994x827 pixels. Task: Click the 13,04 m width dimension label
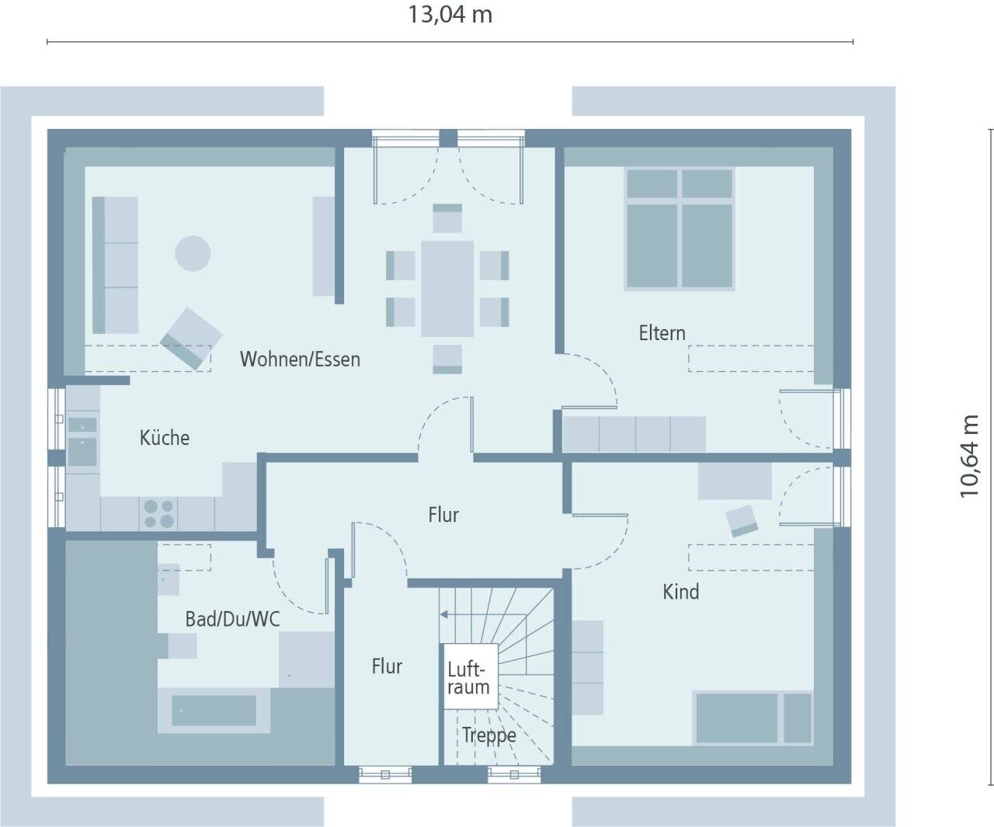[x=450, y=15]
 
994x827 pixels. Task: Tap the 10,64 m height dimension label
[x=970, y=456]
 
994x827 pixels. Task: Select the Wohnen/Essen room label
[x=300, y=359]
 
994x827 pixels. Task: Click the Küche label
[x=165, y=437]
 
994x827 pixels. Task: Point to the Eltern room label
[x=662, y=333]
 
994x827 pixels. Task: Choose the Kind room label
[x=680, y=592]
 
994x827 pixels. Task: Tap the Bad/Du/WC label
[x=232, y=619]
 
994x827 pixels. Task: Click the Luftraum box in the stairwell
[x=468, y=677]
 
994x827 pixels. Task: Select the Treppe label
[x=488, y=735]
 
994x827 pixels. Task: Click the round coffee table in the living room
[x=193, y=253]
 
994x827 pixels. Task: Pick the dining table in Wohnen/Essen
[x=447, y=288]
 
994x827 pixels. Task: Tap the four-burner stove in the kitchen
[x=158, y=514]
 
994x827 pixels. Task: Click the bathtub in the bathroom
[x=214, y=710]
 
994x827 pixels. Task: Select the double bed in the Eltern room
[x=679, y=229]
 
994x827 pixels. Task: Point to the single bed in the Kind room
[x=752, y=718]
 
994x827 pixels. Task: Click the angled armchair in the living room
[x=191, y=338]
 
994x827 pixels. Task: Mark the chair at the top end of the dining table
[x=447, y=218]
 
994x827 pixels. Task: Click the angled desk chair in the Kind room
[x=742, y=520]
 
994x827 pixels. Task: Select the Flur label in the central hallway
[x=443, y=515]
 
